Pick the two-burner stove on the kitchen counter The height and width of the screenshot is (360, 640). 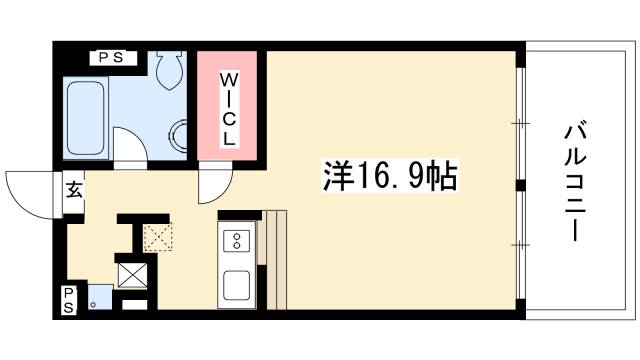pos(238,240)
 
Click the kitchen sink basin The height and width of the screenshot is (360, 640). pos(238,285)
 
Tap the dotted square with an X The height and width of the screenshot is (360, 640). pos(157,237)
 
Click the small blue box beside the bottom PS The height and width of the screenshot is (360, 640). pos(97,296)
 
